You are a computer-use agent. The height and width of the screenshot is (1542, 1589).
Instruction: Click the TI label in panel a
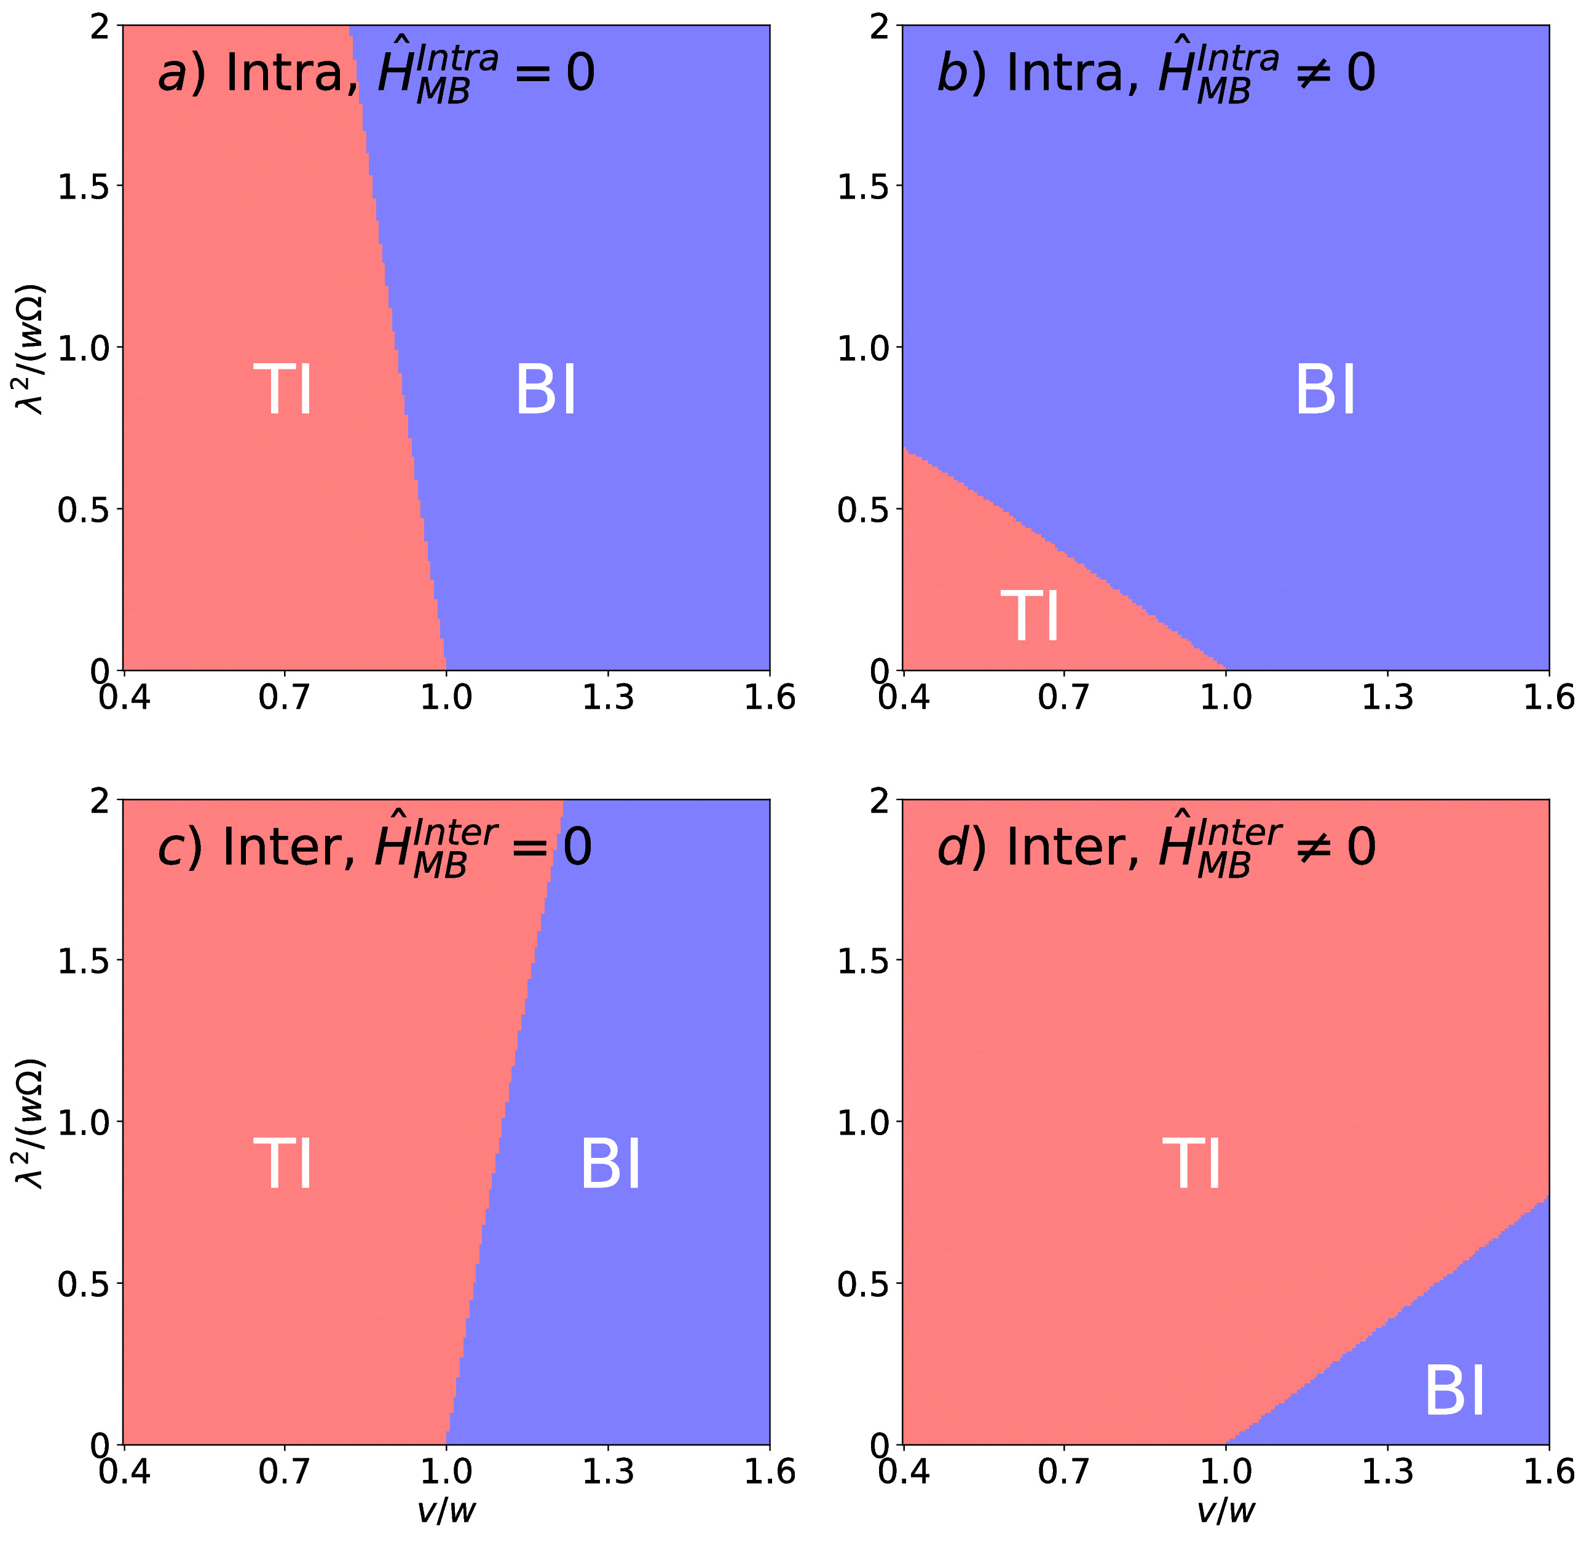tap(283, 390)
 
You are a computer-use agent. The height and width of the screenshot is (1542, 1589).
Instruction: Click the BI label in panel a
tap(546, 391)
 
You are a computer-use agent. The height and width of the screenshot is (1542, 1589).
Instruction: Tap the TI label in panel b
tap(1030, 617)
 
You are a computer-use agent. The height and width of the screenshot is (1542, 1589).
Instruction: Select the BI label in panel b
tap(1325, 391)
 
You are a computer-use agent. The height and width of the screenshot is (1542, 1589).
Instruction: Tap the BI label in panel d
tap(1454, 1391)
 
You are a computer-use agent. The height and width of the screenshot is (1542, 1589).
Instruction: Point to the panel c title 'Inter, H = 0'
tap(374, 846)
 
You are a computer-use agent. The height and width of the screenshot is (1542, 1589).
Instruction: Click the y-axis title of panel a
tap(31, 348)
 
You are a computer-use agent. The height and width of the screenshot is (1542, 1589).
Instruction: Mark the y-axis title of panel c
tap(31, 1123)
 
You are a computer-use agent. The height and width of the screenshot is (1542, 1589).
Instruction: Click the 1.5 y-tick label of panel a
tap(83, 186)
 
